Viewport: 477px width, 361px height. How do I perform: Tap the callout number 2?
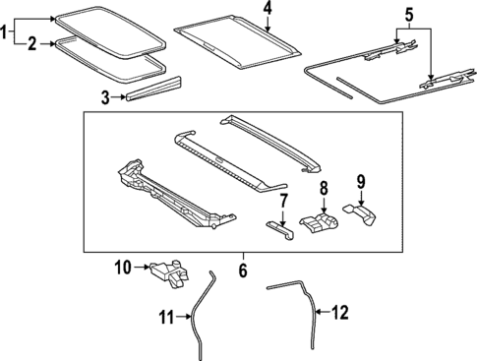[32, 43]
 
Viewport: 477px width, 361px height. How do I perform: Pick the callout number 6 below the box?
[242, 268]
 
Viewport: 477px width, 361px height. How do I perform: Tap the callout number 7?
[284, 202]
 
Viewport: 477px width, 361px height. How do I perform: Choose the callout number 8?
[323, 188]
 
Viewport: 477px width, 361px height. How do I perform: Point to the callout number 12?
[340, 314]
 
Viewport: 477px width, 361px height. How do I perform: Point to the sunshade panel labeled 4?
[236, 39]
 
